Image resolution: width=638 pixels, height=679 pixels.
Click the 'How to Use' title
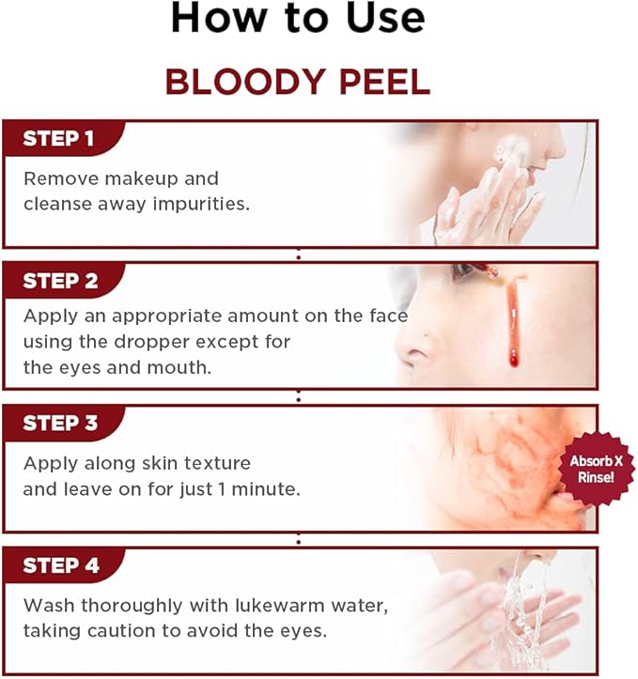297,19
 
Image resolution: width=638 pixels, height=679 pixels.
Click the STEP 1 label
58,139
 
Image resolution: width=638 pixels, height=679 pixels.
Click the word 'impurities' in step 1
206,203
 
